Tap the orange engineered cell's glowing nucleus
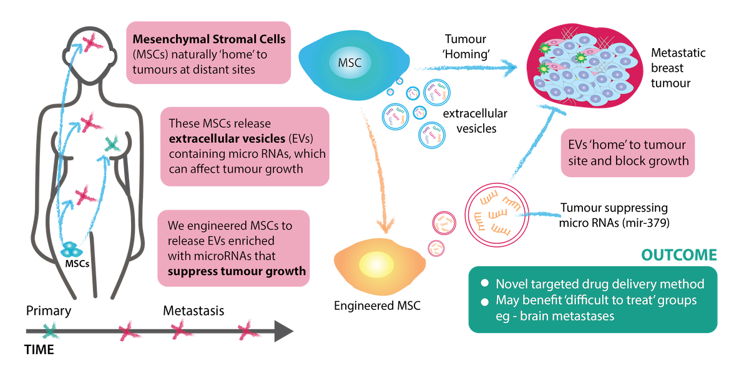[x=373, y=262]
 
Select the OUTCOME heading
[x=680, y=255]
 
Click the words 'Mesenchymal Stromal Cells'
[x=209, y=39]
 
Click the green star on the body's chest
[x=113, y=144]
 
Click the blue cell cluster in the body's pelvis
[x=72, y=249]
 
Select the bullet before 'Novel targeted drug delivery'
[x=485, y=283]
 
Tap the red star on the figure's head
[x=91, y=44]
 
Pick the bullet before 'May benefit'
[x=485, y=301]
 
